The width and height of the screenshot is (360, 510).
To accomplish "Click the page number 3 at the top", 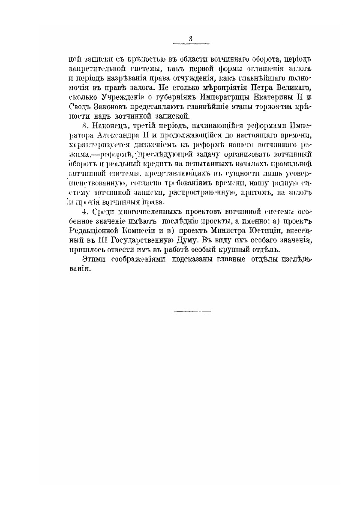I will tap(190, 39).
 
